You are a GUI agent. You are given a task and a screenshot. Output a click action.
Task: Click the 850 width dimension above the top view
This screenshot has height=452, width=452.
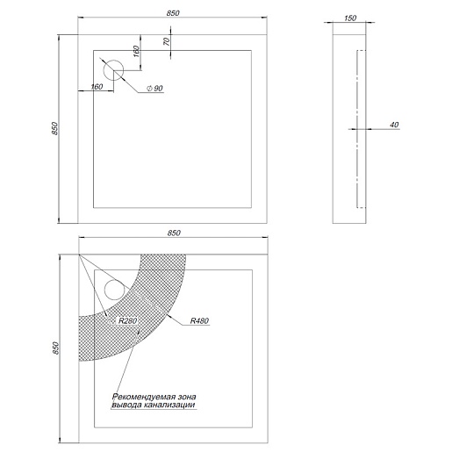173,13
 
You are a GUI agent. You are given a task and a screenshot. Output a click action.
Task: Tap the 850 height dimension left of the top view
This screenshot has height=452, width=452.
55,128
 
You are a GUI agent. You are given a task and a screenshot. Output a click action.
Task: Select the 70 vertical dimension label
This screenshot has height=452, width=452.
167,41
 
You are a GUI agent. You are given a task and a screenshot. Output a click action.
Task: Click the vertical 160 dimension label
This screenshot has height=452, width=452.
136,51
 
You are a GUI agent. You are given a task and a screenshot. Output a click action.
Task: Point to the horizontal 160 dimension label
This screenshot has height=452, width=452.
97,87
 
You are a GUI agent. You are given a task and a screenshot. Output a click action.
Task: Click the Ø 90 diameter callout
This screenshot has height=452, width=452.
154,88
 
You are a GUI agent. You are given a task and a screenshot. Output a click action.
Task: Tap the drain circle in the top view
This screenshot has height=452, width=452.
113,70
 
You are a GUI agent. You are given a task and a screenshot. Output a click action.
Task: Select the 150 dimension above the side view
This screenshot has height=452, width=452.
350,18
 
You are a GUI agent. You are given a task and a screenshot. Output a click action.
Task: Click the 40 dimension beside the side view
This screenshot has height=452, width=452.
394,125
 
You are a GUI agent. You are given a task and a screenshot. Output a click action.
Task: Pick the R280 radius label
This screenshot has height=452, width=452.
128,320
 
